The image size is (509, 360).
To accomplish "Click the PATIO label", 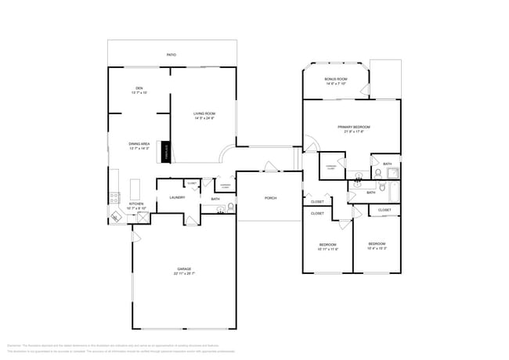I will (171, 55).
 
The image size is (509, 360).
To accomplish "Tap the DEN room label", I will (139, 88).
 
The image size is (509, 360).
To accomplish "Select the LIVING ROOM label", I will (204, 114).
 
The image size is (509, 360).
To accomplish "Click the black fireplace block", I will (165, 151).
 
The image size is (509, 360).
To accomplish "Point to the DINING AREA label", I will (139, 144).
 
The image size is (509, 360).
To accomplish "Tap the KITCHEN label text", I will (136, 203).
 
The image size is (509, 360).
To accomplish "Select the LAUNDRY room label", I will (177, 197).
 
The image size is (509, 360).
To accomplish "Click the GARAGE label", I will (184, 268).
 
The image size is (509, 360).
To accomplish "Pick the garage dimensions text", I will (184, 274).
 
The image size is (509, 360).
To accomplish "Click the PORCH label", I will (270, 198).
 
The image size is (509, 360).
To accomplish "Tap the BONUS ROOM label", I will (336, 79).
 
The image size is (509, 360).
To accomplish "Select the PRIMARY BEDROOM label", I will (354, 127).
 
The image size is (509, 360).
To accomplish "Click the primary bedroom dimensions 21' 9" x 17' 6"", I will (354, 131).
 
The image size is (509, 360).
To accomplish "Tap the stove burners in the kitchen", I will (114, 196).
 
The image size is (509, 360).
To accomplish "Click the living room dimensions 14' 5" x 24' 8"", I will (204, 119).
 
